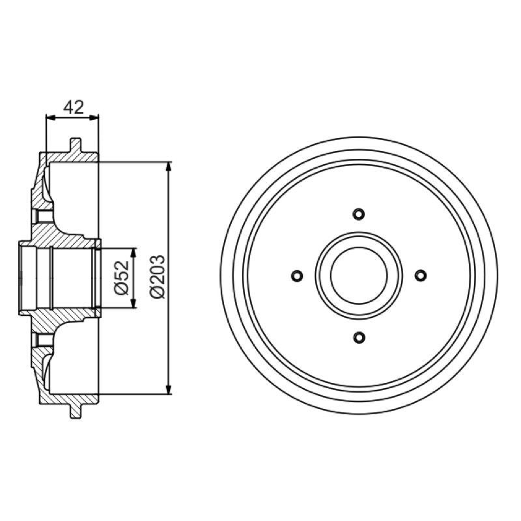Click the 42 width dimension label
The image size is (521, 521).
click(x=74, y=107)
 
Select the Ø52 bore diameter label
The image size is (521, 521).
click(x=121, y=278)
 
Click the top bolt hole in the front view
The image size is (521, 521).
click(x=359, y=214)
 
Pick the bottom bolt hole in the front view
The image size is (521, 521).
click(x=359, y=337)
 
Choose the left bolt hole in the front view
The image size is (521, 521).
click(x=297, y=275)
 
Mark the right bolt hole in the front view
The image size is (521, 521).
click(x=421, y=275)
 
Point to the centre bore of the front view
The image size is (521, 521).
click(x=359, y=275)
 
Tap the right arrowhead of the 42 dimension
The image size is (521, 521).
click(x=94, y=117)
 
